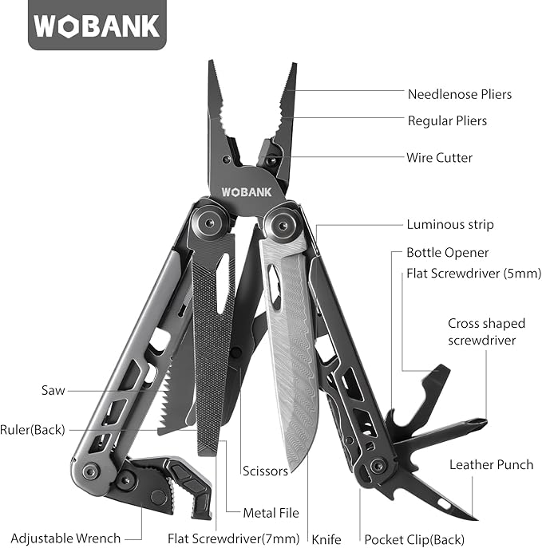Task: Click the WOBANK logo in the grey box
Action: (x=98, y=26)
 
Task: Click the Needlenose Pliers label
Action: (x=459, y=94)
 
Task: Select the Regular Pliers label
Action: (x=447, y=121)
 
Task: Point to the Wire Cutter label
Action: (x=439, y=158)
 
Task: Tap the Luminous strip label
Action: (x=450, y=225)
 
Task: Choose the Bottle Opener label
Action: (x=447, y=253)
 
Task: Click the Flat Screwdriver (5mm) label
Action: (x=473, y=274)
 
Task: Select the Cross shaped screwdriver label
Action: (x=486, y=332)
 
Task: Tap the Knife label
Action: (x=326, y=540)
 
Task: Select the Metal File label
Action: (x=271, y=513)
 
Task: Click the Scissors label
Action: (x=265, y=471)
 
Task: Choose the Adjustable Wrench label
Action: (x=65, y=540)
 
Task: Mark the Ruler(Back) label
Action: (x=33, y=429)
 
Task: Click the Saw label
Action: (x=53, y=391)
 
